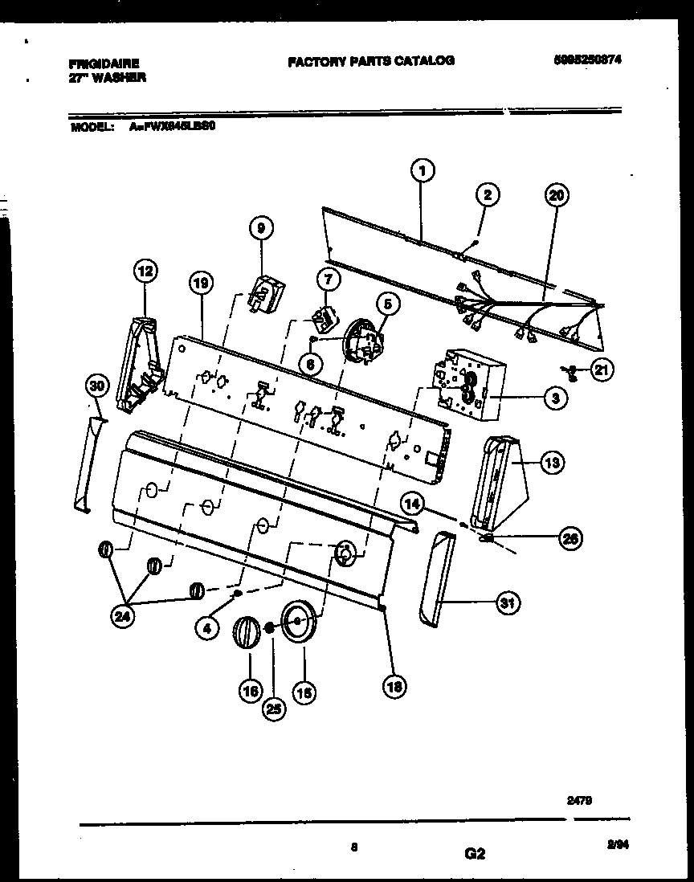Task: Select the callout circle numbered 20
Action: pos(555,194)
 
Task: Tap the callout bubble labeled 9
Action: pos(259,229)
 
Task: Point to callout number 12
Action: pos(145,272)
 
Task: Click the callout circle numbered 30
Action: pos(97,386)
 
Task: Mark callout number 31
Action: pos(505,602)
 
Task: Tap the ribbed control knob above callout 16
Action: pos(245,632)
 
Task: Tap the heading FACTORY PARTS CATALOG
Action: pos(370,60)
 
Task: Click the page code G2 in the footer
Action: pos(475,854)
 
